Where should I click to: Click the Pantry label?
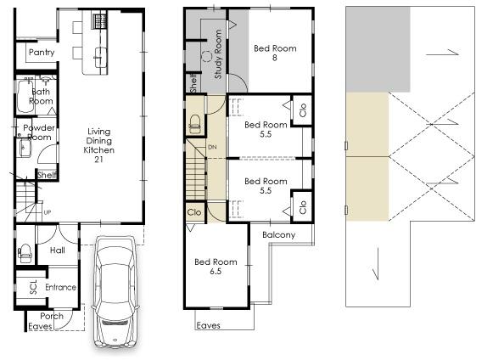pyautogui.click(x=42, y=53)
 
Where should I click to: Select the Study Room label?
pyautogui.click(x=218, y=54)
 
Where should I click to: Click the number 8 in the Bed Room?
pyautogui.click(x=275, y=59)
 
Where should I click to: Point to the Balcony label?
pyautogui.click(x=278, y=235)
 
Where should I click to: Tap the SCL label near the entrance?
pyautogui.click(x=33, y=288)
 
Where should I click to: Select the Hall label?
pyautogui.click(x=57, y=250)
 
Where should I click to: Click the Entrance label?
pyautogui.click(x=60, y=288)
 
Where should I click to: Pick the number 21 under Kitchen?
pyautogui.click(x=98, y=160)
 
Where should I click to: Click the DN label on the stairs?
pyautogui.click(x=212, y=147)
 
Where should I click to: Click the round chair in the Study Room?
pyautogui.click(x=206, y=57)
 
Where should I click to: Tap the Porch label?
pyautogui.click(x=52, y=316)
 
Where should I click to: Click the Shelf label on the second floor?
pyautogui.click(x=193, y=82)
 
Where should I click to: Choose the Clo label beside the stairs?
pyautogui.click(x=194, y=212)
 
